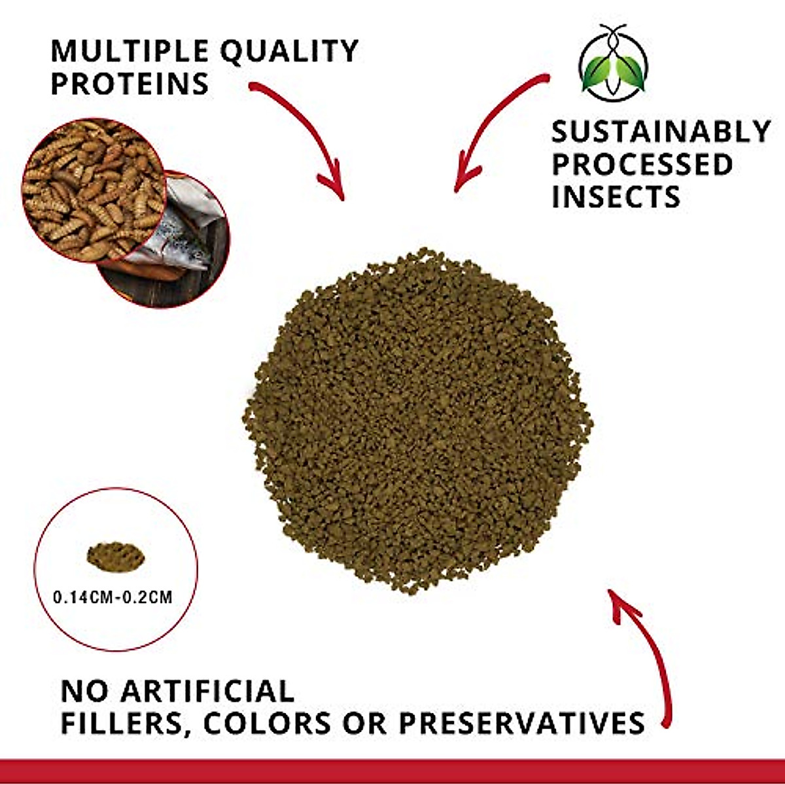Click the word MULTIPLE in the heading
(x=130, y=51)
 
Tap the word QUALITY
(x=288, y=51)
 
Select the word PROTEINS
(x=130, y=84)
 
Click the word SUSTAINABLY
(x=661, y=131)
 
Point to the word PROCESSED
(x=642, y=164)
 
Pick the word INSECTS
(x=616, y=197)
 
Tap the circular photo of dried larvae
(x=92, y=190)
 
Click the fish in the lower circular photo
(x=177, y=239)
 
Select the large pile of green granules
(x=419, y=419)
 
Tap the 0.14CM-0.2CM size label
(x=113, y=597)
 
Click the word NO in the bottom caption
(x=84, y=691)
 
